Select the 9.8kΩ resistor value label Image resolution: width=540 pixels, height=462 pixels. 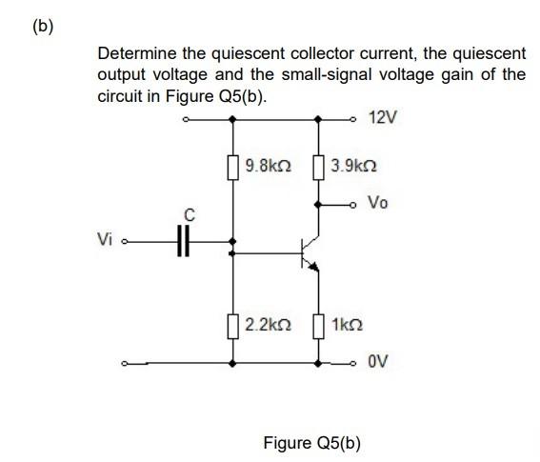pos(268,165)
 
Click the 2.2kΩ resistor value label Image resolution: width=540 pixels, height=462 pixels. pos(268,325)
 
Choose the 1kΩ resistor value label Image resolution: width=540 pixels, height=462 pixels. pos(346,325)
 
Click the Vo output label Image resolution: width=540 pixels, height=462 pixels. pos(378,203)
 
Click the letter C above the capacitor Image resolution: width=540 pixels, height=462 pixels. pos(187,216)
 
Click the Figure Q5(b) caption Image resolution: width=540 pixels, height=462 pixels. pos(311,443)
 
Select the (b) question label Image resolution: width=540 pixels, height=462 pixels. pos(43,26)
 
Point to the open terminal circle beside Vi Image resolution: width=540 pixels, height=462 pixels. pos(128,241)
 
